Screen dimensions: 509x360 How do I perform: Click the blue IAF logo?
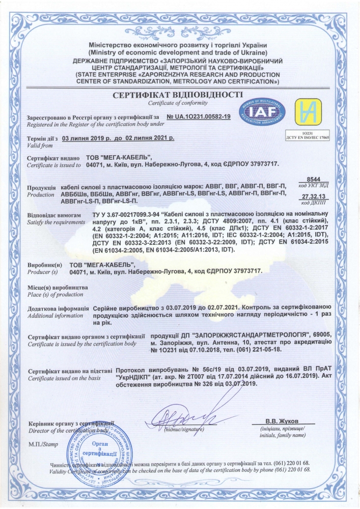pyautogui.click(x=262, y=112)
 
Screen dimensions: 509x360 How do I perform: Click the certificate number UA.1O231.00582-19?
pyautogui.click(x=199, y=117)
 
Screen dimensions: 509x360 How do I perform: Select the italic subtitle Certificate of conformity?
pyautogui.click(x=179, y=104)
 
